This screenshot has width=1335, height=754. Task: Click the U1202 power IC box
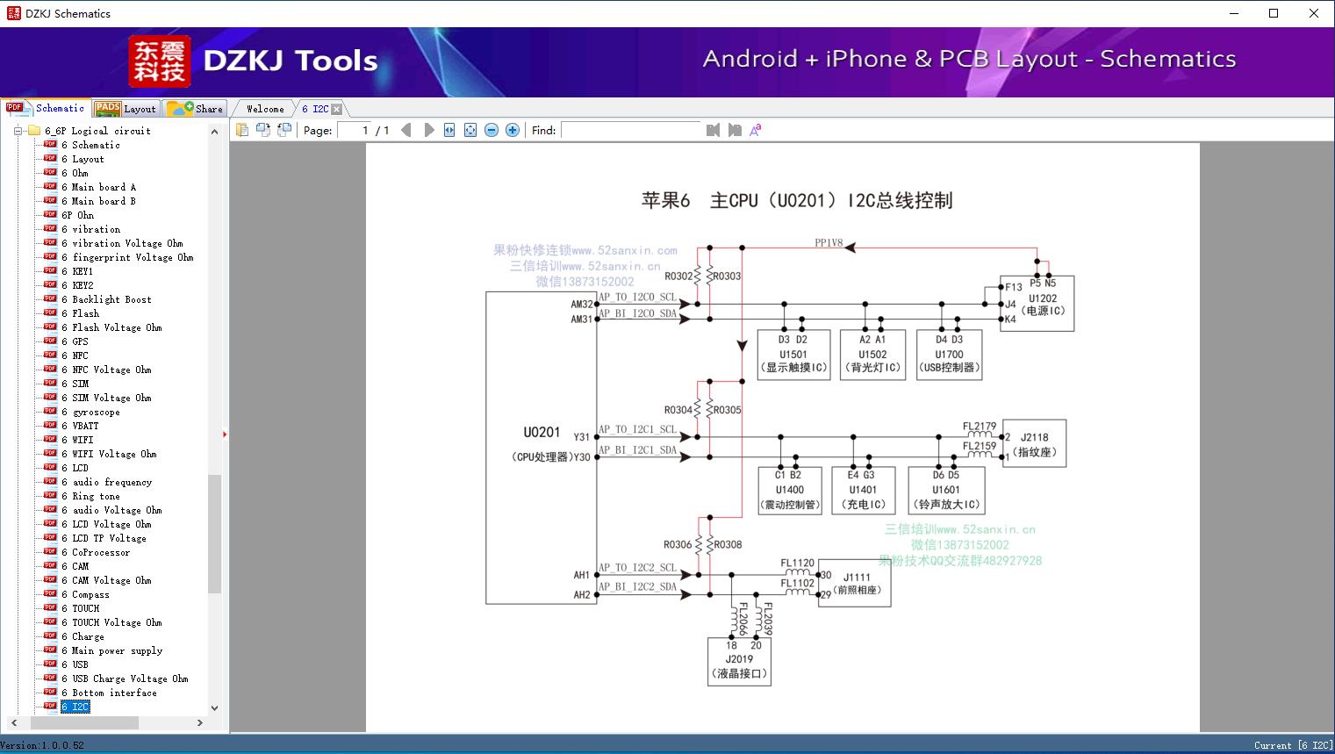1042,305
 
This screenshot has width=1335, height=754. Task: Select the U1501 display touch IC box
793,355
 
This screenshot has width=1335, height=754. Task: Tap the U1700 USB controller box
949,355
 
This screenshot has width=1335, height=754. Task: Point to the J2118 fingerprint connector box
1034,444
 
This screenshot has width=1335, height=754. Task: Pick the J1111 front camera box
856,584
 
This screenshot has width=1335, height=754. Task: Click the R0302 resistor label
678,276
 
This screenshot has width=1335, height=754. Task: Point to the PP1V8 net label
828,243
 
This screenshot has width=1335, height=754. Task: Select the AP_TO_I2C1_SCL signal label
637,429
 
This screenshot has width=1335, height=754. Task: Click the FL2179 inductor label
980,427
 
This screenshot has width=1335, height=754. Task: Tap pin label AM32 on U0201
582,305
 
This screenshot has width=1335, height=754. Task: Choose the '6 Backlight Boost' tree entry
111,299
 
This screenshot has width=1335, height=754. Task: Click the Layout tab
126,109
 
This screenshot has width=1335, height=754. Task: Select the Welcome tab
264,109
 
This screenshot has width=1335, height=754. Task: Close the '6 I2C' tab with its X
337,109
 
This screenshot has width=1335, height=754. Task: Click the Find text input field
632,130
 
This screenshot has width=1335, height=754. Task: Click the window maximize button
1274,13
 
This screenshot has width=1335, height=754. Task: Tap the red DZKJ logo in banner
159,61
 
